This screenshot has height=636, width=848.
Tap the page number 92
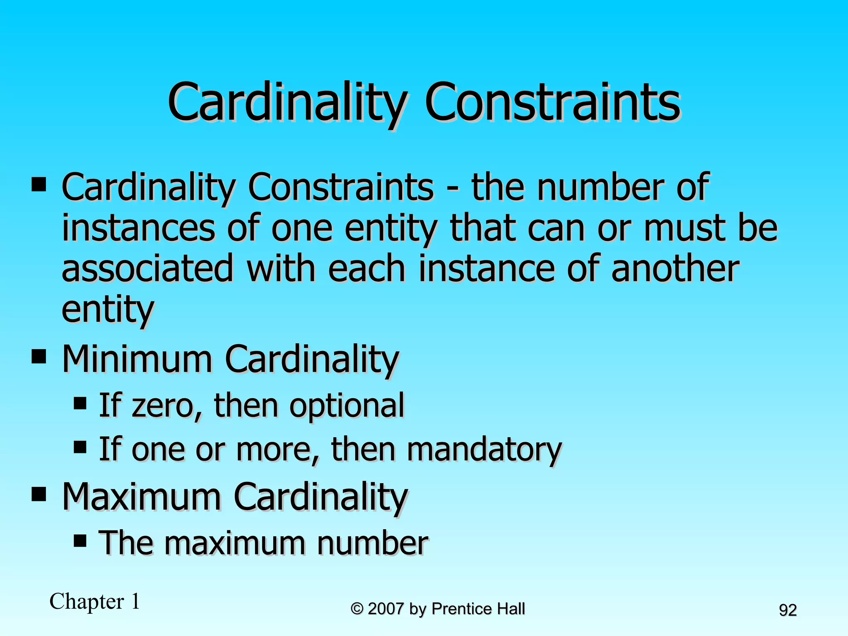(788, 610)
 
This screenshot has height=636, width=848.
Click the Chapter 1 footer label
(95, 601)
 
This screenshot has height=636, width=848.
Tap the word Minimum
(137, 359)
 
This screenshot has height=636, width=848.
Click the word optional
(347, 405)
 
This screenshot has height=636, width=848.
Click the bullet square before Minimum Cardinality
(39, 356)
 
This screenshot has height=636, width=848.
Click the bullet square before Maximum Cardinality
(39, 494)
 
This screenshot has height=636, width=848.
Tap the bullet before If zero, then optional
(80, 403)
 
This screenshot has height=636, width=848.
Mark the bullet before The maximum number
(80, 540)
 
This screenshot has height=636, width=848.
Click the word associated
(147, 269)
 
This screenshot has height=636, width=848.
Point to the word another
(675, 269)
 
